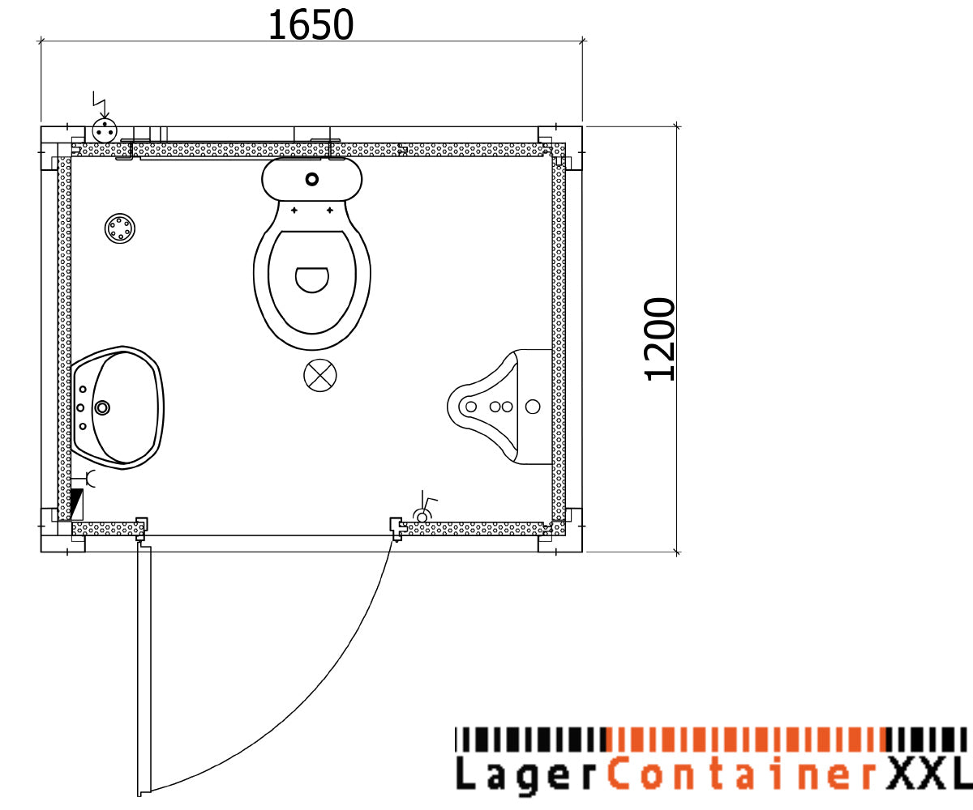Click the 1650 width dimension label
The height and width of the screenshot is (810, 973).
pos(311,26)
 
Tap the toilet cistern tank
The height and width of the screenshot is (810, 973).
pos(312,179)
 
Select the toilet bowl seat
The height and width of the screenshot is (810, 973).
pos(312,279)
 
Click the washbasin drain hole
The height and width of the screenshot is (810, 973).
pos(102,407)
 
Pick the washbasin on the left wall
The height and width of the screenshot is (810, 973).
pos(118,407)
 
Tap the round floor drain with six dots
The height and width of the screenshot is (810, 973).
pos(120,228)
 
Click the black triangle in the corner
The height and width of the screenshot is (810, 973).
pos(78,504)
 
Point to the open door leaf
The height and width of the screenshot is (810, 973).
pos(144,668)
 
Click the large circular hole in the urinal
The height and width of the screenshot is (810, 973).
pos(533,407)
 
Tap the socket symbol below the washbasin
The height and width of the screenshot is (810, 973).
pos(91,479)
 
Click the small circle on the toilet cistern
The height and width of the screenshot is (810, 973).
pos(312,178)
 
